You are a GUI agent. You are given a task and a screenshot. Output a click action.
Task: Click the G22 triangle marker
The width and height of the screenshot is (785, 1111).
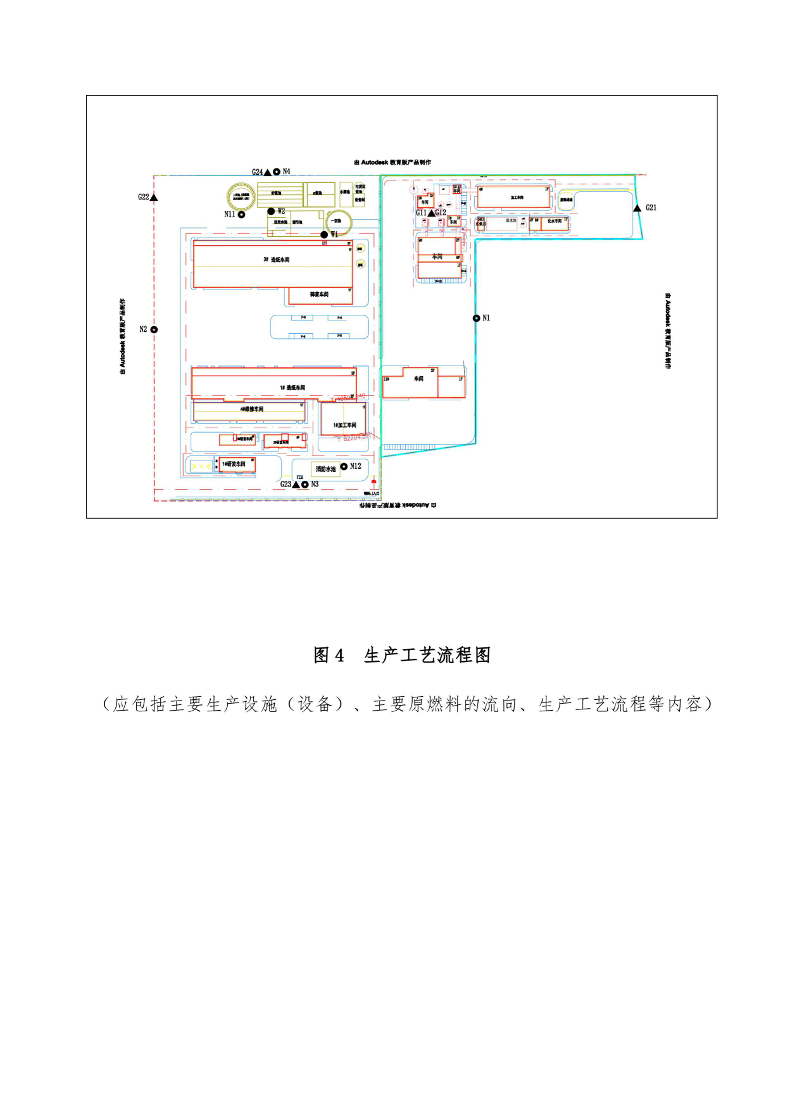(x=153, y=198)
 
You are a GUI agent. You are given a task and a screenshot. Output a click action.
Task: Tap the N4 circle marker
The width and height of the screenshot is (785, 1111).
(x=277, y=172)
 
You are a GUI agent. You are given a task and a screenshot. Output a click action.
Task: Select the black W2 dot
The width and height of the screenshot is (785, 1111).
(x=271, y=212)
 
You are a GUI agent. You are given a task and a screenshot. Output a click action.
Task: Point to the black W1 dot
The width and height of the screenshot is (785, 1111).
(x=324, y=234)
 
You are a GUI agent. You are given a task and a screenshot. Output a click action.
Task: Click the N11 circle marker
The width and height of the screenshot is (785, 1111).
(x=241, y=215)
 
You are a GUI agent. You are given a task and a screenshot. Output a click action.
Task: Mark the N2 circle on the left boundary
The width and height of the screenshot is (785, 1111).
(x=154, y=329)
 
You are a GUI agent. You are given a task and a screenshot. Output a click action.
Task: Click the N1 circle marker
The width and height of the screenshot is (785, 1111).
(x=476, y=318)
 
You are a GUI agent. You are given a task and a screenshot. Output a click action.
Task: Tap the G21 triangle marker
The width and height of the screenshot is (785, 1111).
(x=637, y=208)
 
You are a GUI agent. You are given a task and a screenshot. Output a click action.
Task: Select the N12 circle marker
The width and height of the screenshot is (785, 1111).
(x=344, y=466)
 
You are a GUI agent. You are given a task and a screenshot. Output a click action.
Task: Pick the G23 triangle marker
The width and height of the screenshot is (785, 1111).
(x=296, y=485)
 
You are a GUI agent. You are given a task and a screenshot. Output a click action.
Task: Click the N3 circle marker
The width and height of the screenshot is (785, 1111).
(x=305, y=485)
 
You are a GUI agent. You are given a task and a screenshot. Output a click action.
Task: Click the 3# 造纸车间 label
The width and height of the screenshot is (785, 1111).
(x=277, y=260)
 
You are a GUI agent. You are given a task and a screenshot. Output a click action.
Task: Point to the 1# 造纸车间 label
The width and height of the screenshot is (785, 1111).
(x=292, y=388)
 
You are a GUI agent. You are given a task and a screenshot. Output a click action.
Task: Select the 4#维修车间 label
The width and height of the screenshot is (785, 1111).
(x=251, y=409)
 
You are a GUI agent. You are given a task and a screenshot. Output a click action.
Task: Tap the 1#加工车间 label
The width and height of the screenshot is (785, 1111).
(x=344, y=425)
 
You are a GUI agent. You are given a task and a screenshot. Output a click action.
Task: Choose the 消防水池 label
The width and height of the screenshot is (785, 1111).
(x=326, y=469)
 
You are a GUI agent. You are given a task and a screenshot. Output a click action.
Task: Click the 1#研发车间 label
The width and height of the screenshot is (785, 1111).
(x=234, y=464)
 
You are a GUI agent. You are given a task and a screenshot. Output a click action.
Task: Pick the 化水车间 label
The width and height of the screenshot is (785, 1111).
(x=555, y=221)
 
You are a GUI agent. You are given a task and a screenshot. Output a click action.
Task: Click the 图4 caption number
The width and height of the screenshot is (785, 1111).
(x=329, y=655)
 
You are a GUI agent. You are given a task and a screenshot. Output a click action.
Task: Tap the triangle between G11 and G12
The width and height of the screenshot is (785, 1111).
(x=431, y=213)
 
